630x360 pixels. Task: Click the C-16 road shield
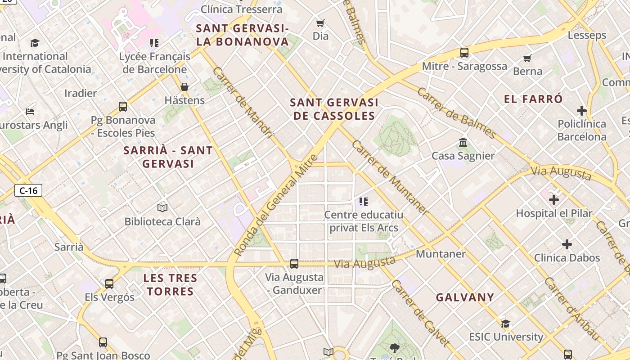[x=28, y=190]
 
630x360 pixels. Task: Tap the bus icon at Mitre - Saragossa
[x=464, y=53]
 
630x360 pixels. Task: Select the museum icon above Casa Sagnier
[x=463, y=143]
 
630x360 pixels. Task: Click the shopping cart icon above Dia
[x=320, y=23]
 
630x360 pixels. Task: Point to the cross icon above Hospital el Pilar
[x=554, y=199]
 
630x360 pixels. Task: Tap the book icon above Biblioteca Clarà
[x=162, y=208]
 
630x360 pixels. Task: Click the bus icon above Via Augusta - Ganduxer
[x=294, y=263]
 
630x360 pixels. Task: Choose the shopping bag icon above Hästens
[x=184, y=87]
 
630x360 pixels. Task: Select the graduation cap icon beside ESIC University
[x=506, y=324]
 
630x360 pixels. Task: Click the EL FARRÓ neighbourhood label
[x=533, y=99]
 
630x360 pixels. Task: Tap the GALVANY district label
[x=465, y=297]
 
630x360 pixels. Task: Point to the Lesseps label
[x=587, y=35]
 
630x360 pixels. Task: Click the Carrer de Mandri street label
[x=243, y=103]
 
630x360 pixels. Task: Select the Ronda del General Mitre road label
[x=277, y=205]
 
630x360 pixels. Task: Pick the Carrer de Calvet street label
[x=421, y=313]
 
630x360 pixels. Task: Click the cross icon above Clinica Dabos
[x=567, y=244]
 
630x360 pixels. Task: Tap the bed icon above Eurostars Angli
[x=30, y=111]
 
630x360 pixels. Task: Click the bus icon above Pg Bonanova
[x=123, y=107]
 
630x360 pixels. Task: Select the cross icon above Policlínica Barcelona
[x=582, y=110]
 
